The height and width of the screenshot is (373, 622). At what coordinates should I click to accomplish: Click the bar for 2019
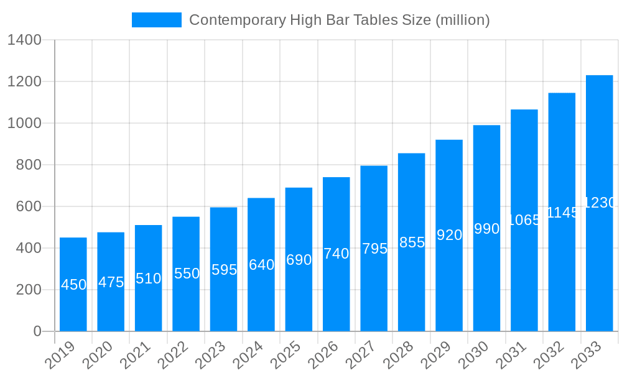click(73, 284)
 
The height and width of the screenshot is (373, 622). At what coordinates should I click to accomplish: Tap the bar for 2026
click(336, 254)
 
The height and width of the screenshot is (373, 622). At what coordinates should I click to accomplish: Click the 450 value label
click(74, 285)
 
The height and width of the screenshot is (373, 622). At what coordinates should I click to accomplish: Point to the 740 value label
click(336, 254)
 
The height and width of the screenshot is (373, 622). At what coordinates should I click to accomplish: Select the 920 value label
click(449, 235)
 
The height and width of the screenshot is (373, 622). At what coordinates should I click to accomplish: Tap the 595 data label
click(224, 270)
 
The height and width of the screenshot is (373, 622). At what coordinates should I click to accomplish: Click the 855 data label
click(412, 242)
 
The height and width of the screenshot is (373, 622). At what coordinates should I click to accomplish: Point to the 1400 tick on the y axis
click(24, 40)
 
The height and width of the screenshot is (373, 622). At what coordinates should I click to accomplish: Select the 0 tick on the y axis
click(37, 331)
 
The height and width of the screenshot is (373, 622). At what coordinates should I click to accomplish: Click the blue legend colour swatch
click(157, 20)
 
